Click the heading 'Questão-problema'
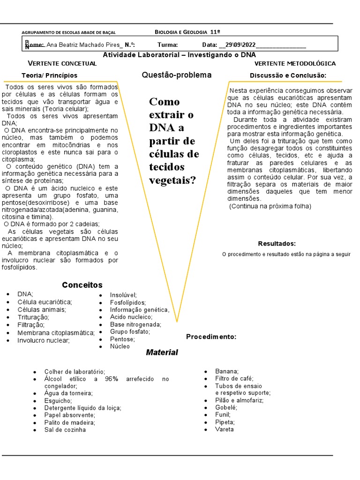coord(176,75)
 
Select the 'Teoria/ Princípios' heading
coord(49,75)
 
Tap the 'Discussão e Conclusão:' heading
coord(288,75)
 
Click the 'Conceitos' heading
coord(82,285)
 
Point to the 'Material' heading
coord(162,352)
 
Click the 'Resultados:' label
coord(277,244)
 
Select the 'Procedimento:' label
coord(211,337)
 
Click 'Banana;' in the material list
coord(227,371)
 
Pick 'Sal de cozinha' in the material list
coord(65,430)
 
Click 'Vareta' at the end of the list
coord(224,429)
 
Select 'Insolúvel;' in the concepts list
coord(123,295)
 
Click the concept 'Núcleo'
coord(120,346)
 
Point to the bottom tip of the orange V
coord(177,322)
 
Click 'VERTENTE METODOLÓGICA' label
coord(295,63)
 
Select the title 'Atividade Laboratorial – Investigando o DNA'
coord(179,55)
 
